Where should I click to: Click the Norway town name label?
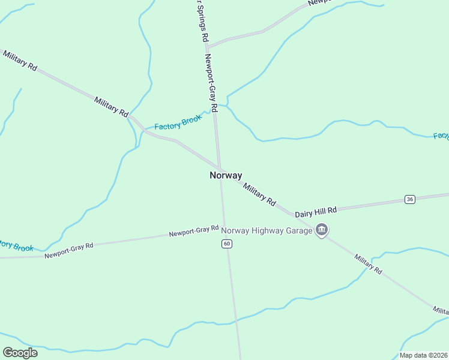226,175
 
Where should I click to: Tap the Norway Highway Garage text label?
267,230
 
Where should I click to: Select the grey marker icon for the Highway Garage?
322,230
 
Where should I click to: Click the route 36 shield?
410,199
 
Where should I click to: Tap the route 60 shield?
226,243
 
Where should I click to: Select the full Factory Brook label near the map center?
178,123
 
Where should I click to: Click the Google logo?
20,353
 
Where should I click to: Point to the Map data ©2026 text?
424,355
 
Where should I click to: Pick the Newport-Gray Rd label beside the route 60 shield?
193,231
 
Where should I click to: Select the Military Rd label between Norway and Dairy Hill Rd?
259,195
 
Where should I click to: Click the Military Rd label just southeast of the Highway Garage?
367,264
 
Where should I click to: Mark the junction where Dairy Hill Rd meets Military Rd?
294,214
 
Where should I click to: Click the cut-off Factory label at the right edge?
441,136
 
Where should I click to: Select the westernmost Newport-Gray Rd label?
68,251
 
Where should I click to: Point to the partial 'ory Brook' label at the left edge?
16,245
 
